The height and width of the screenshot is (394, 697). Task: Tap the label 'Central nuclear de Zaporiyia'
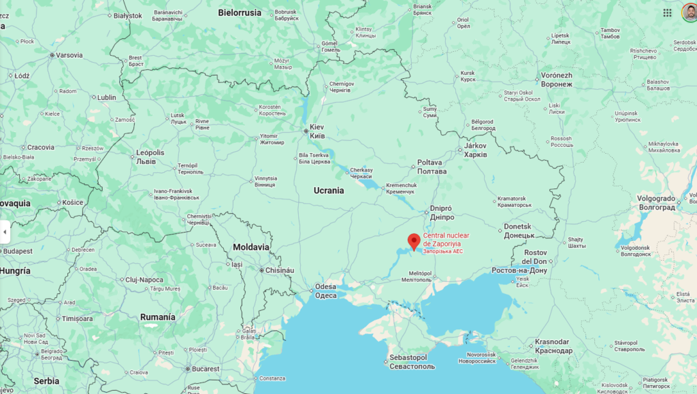(446, 240)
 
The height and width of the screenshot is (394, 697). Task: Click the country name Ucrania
(329, 191)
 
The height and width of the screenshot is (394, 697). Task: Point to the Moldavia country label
(250, 247)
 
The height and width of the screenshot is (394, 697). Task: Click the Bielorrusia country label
(240, 12)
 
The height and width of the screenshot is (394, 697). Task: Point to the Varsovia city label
(69, 55)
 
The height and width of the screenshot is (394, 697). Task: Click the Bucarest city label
(204, 369)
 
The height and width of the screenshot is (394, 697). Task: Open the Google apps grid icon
(667, 12)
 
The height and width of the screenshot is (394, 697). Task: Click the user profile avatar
(689, 12)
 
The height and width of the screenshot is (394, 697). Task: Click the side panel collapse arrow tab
(5, 232)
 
